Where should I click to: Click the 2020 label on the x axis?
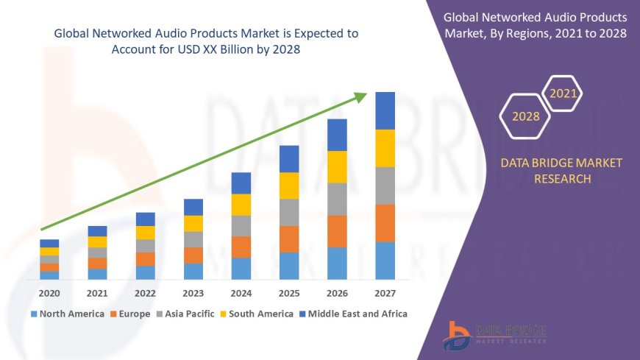(x=49, y=293)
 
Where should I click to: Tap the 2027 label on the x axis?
(x=385, y=293)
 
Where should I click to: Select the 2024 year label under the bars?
(x=241, y=293)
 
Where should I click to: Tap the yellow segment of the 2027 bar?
(x=385, y=148)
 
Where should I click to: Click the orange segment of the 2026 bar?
(x=337, y=231)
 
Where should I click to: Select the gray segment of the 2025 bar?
(x=289, y=212)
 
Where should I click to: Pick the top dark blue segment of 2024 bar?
(x=241, y=183)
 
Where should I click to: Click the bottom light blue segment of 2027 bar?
(x=385, y=261)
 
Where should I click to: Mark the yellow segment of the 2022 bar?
(x=146, y=233)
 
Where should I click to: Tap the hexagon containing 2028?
(x=525, y=116)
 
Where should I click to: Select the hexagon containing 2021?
(x=563, y=94)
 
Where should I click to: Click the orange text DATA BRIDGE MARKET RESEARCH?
(x=561, y=171)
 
